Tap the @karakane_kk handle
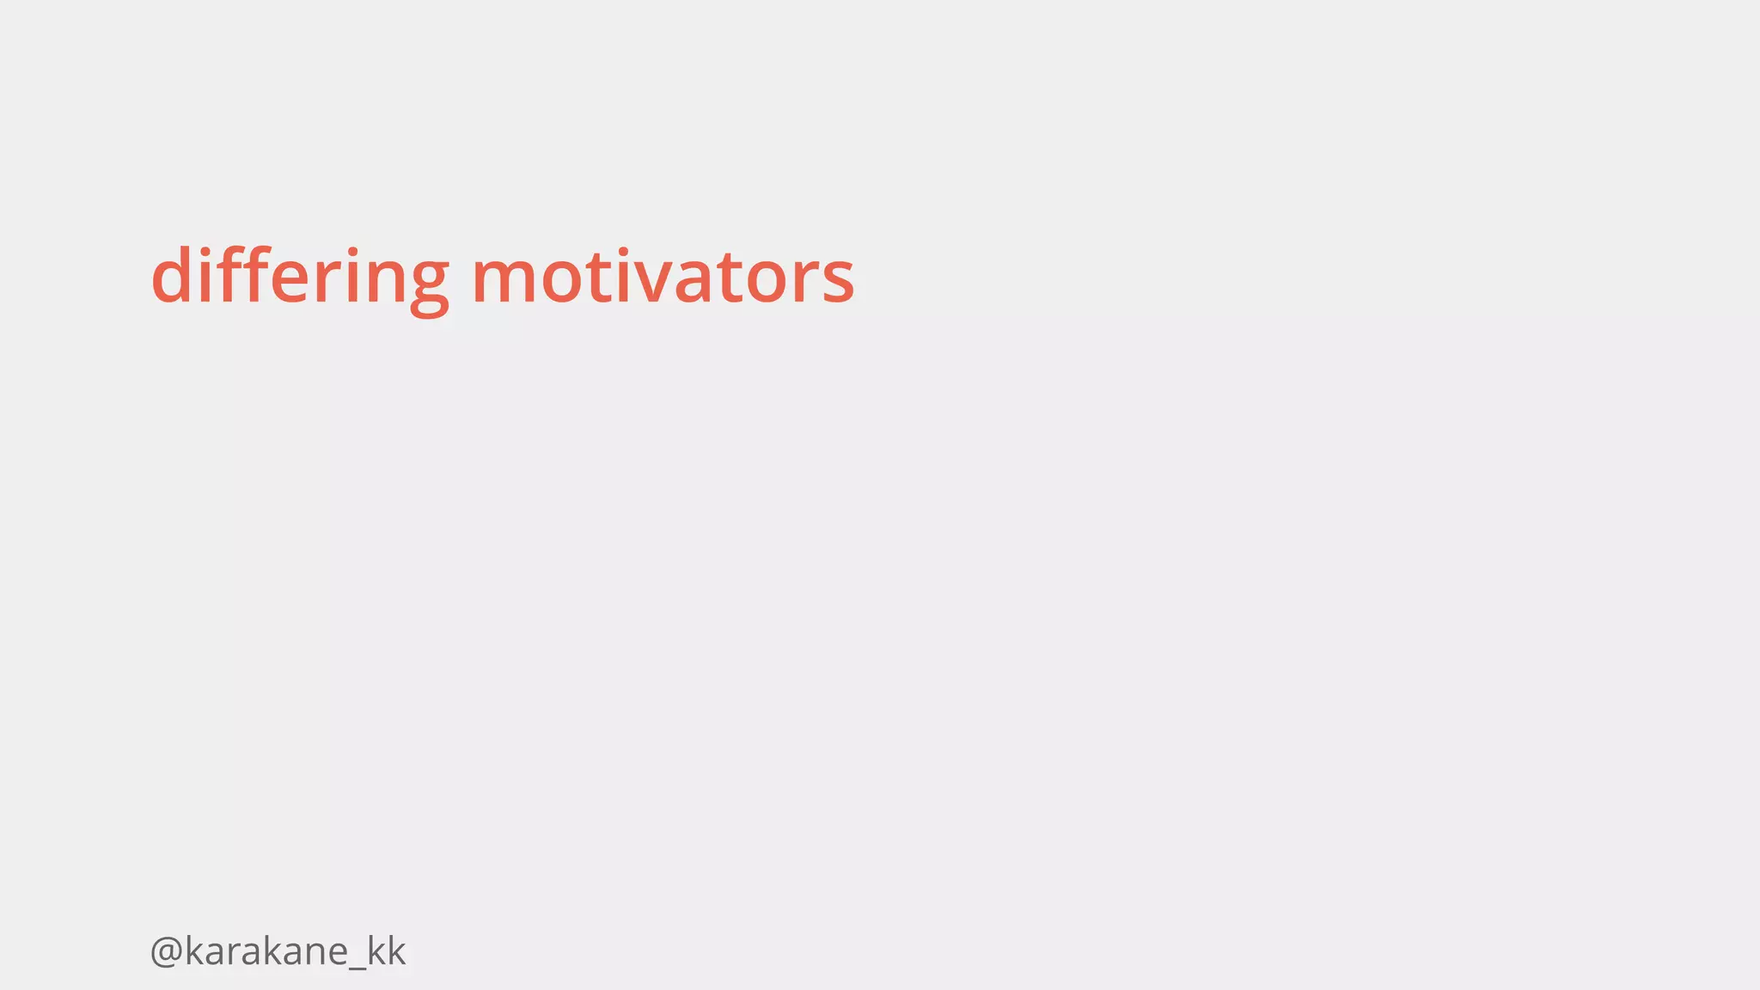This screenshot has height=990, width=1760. click(x=277, y=951)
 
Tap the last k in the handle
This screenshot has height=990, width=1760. click(x=394, y=950)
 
